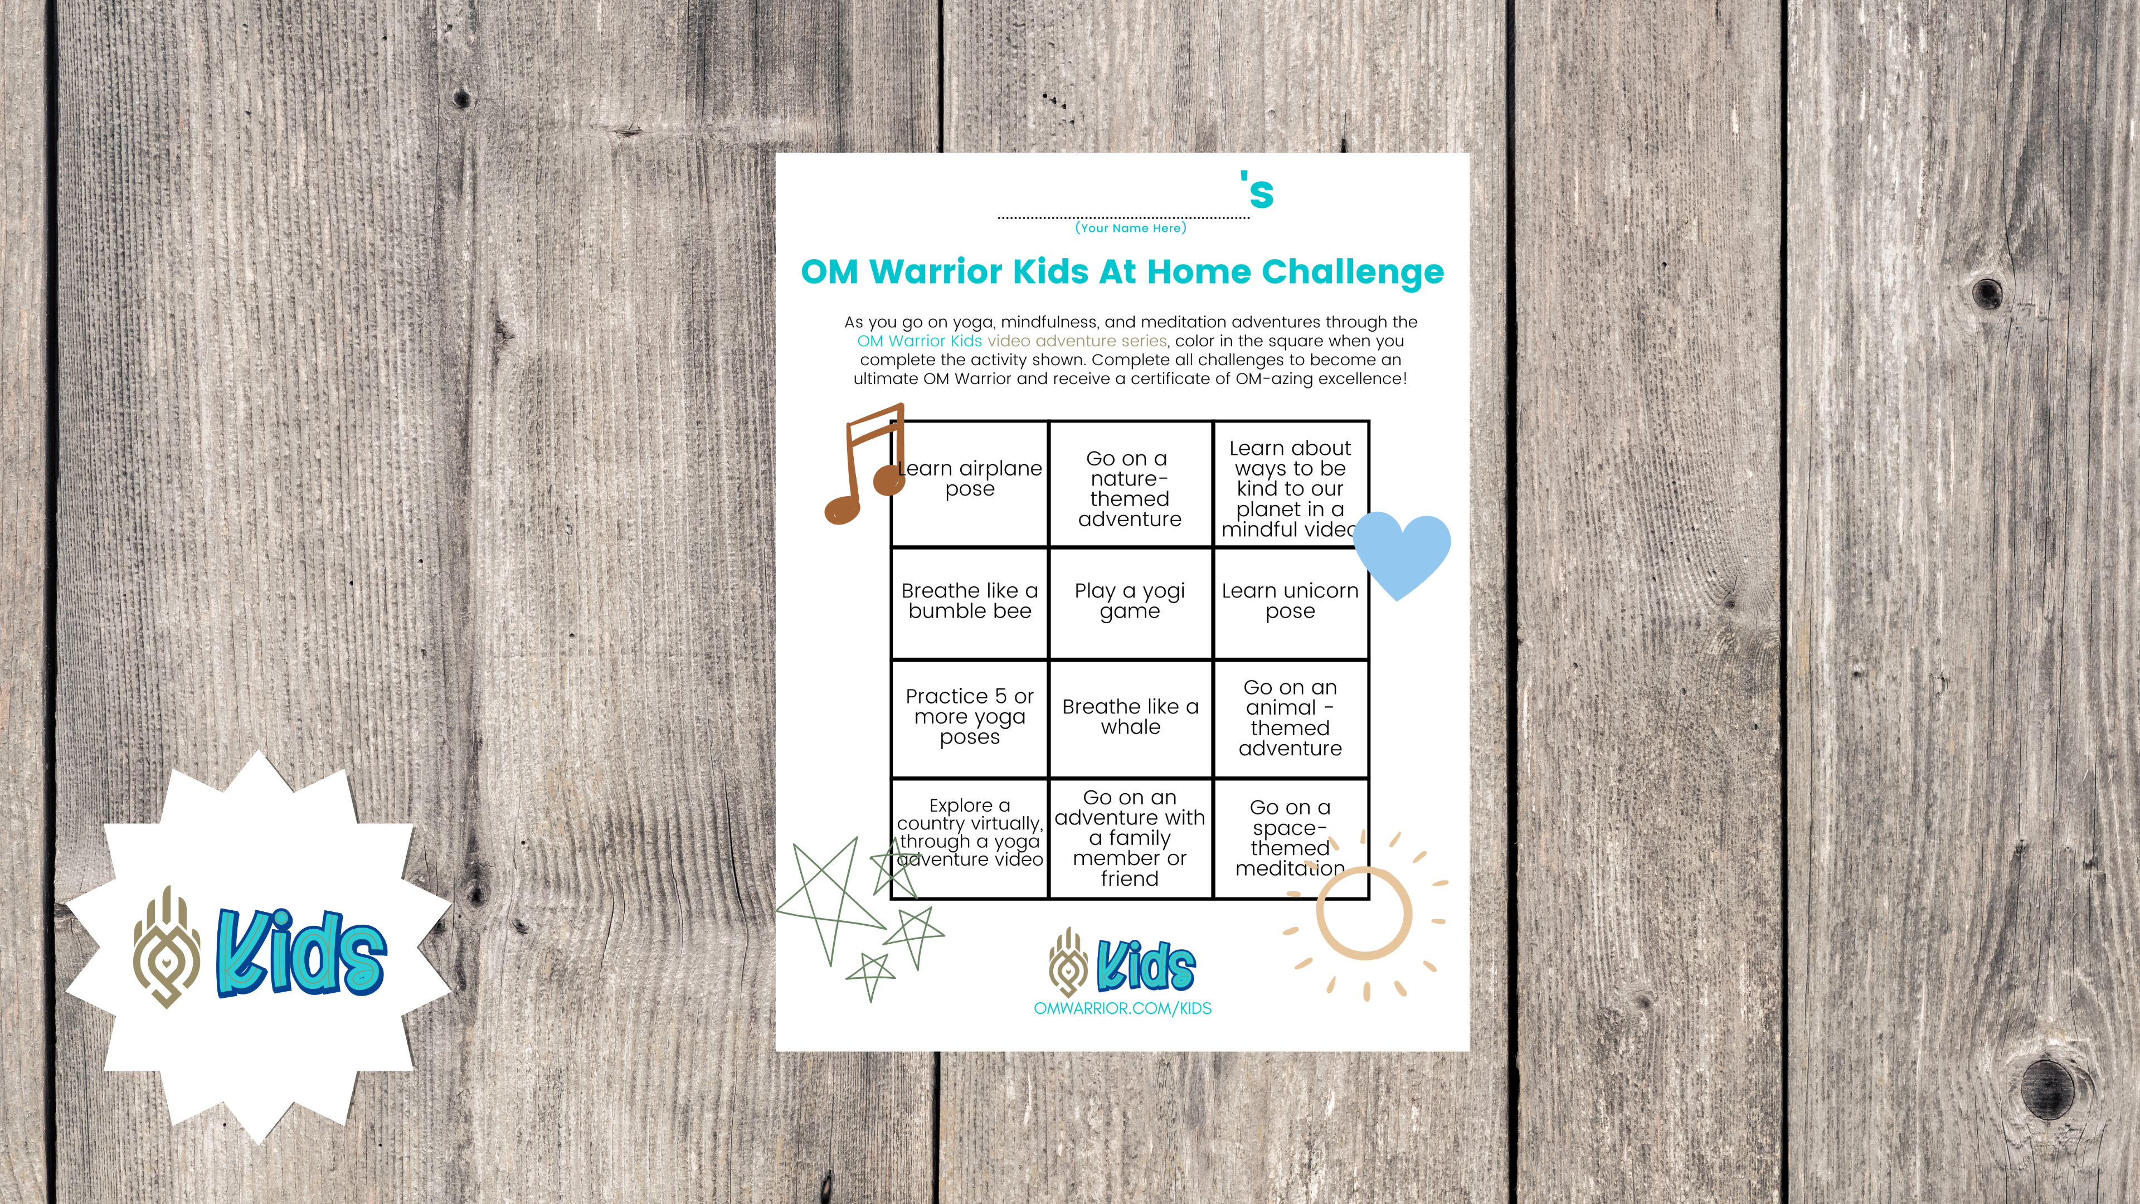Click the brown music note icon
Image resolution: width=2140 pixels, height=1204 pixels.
click(x=862, y=465)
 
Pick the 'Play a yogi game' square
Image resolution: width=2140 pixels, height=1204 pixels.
click(x=1130, y=601)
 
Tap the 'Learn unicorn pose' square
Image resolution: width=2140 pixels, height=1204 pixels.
click(x=1290, y=601)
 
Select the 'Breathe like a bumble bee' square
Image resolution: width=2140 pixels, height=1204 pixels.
click(x=970, y=601)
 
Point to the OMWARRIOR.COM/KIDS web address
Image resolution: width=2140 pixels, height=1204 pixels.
click(x=1122, y=1008)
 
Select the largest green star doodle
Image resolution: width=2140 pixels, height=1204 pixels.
click(x=831, y=901)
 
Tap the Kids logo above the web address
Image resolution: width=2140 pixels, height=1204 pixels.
click(x=1122, y=964)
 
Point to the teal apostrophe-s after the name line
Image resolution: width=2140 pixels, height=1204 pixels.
click(x=1258, y=191)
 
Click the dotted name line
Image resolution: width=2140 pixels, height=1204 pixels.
click(x=1123, y=218)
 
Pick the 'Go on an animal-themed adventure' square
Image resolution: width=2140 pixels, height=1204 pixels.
click(x=1290, y=718)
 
